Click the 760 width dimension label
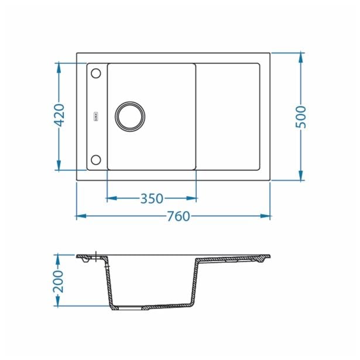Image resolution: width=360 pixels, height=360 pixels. click(179, 216)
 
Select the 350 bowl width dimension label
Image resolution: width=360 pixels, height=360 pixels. click(152, 198)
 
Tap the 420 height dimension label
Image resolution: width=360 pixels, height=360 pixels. click(59, 115)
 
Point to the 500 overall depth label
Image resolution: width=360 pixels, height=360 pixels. click(301, 117)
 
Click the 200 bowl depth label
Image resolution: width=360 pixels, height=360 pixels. click(58, 281)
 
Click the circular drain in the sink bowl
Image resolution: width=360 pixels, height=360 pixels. click(130, 116)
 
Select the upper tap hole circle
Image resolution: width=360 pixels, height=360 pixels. click(96, 74)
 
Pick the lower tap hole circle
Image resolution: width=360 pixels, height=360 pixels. click(96, 160)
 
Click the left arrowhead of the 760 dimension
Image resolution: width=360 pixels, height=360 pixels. click(81, 216)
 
